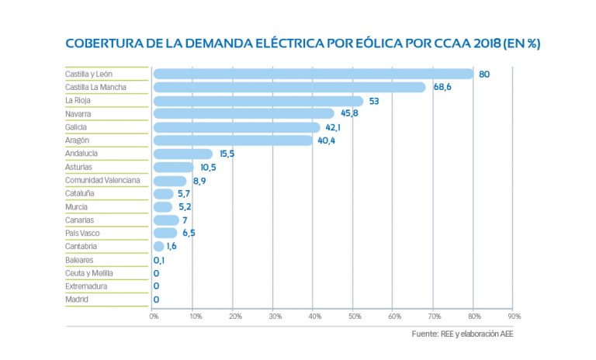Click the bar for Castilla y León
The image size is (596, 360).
pos(314,74)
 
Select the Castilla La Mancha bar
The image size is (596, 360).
pos(289,88)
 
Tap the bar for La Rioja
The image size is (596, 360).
pos(258,101)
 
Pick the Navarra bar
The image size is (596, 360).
pos(244,114)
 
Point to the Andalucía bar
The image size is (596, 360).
pos(183,154)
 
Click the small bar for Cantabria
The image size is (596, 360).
pos(158,247)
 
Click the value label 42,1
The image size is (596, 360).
pos(334,127)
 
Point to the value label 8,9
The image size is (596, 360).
pos(200,181)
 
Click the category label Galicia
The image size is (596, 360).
pos(76,127)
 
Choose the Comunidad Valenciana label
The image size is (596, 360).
pos(102,181)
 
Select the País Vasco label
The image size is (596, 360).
pos(82,234)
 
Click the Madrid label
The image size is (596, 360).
pos(76,299)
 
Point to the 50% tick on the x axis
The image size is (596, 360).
pos(354,317)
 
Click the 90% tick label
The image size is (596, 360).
pos(514,317)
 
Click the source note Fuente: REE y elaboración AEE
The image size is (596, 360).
pos(463,334)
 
